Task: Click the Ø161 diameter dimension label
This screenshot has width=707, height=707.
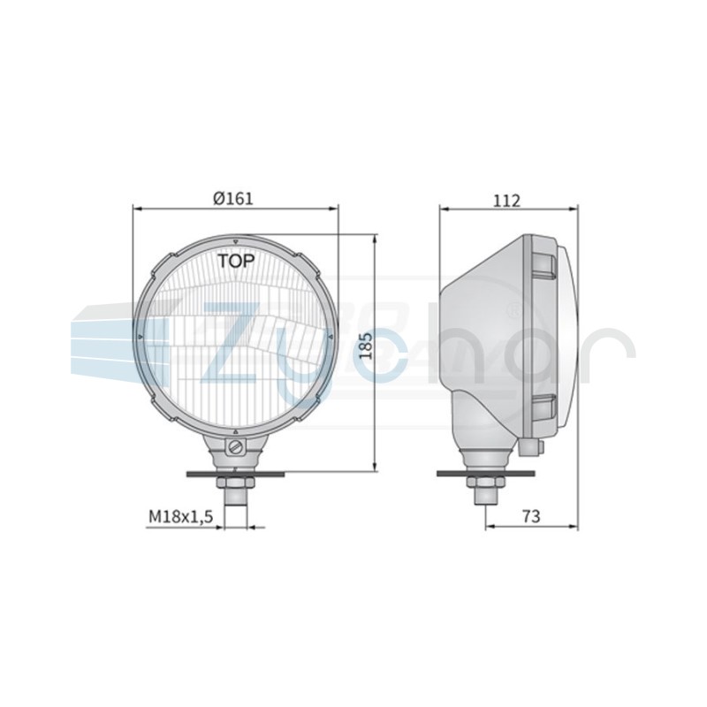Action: coord(233,198)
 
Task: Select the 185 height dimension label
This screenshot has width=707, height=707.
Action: coord(366,346)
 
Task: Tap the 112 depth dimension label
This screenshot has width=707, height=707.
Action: coord(506,201)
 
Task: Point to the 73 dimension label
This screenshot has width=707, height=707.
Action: coord(531,516)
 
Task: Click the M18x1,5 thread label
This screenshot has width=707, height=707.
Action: coord(180,517)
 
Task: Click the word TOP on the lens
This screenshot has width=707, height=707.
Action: coord(236,261)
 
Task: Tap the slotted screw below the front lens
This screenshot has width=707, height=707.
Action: coord(236,448)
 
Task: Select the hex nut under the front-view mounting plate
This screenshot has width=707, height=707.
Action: coord(236,483)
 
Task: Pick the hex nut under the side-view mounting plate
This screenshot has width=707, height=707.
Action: coord(486,483)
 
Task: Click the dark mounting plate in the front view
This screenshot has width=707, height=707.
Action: coord(235,474)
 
